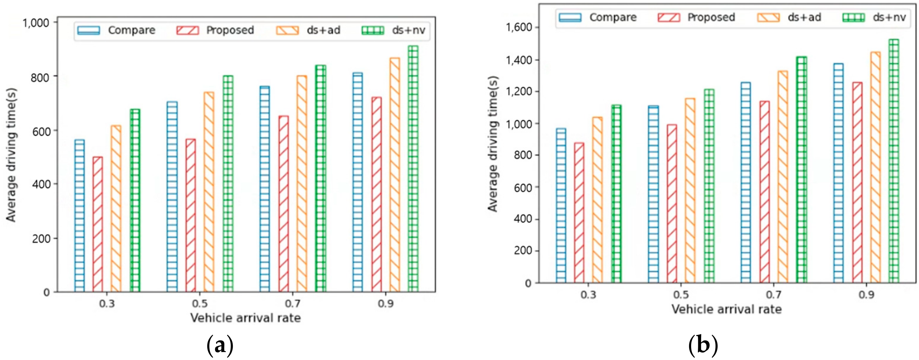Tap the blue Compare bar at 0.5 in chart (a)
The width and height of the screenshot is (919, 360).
pos(172,196)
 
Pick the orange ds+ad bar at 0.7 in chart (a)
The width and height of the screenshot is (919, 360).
pos(301,183)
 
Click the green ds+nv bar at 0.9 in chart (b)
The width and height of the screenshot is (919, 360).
pos(894,161)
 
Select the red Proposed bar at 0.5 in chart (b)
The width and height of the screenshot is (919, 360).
pos(672,203)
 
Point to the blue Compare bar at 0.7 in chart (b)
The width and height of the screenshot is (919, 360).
pos(746,182)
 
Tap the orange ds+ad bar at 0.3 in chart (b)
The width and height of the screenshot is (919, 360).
pos(597,200)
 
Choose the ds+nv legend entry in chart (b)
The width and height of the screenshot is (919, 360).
pos(874,17)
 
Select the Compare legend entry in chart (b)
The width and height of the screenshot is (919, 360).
pos(598,17)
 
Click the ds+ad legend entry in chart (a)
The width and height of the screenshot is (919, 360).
pos(308,30)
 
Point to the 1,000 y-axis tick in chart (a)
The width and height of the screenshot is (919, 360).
pos(36,23)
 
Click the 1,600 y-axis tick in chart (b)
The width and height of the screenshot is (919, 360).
pos(519,27)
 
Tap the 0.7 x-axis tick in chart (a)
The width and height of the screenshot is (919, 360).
pos(293,303)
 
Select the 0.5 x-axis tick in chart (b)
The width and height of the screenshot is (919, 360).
pos(681,295)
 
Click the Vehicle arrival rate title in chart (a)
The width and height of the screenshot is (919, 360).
pos(245,317)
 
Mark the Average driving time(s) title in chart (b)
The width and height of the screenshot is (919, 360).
pos(493,144)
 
